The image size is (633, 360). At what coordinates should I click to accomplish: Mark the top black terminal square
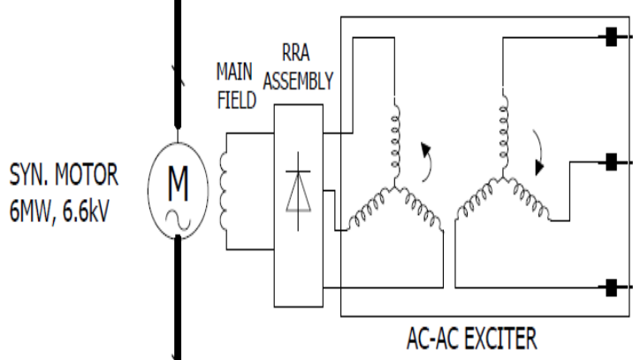610,38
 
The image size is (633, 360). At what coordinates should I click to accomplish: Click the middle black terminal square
610,162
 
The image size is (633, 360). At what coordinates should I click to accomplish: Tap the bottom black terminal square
610,286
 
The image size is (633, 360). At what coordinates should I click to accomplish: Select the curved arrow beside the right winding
538,152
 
